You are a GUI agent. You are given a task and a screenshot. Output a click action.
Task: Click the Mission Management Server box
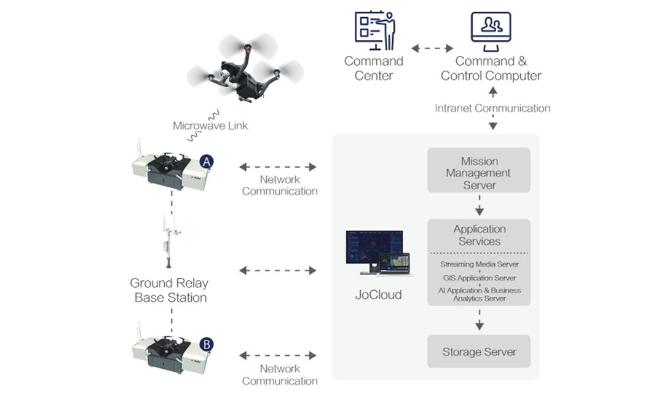point(479,173)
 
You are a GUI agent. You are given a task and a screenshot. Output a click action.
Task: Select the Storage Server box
point(479,352)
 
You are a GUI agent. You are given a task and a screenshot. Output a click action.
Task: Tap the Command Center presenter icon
point(374,30)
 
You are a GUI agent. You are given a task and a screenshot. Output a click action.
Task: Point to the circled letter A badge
point(207,161)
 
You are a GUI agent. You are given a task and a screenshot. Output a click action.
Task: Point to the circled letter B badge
point(207,344)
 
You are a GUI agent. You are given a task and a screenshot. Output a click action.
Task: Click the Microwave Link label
point(210,126)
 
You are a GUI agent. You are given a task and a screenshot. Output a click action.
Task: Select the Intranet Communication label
point(492,108)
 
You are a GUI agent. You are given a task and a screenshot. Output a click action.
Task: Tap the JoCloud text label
point(379,294)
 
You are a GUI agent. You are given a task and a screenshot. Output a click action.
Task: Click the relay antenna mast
point(168,240)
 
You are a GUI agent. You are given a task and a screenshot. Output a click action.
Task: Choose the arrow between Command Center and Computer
point(432,47)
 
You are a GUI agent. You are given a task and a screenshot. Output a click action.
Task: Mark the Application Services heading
point(479,235)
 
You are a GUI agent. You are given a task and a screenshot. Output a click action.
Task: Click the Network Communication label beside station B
point(280,374)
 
